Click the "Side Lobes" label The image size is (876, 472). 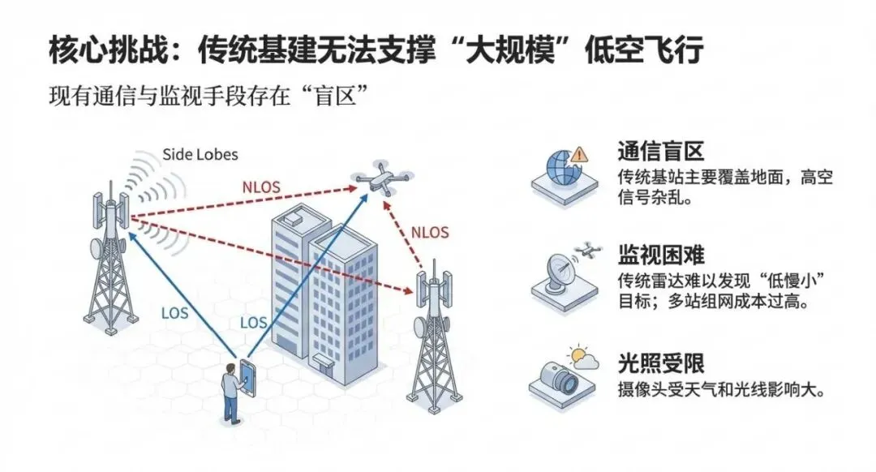[200, 154]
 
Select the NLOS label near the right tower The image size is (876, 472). [429, 230]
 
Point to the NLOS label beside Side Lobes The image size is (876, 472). [261, 187]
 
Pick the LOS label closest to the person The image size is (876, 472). [253, 322]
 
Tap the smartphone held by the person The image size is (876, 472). [247, 374]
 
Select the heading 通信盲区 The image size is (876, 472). [659, 152]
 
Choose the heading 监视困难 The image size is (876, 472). [659, 257]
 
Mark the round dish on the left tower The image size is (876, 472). [96, 247]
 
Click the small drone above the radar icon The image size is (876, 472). [585, 251]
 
